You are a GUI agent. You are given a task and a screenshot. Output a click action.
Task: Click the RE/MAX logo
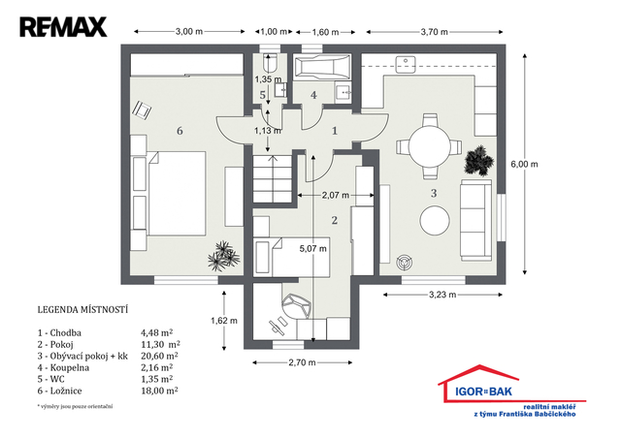[x=63, y=27]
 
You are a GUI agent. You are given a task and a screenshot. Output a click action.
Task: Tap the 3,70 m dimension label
[x=435, y=32]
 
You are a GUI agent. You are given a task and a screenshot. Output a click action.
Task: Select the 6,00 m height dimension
[x=524, y=164]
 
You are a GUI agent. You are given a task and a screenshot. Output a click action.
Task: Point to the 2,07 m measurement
[x=336, y=195]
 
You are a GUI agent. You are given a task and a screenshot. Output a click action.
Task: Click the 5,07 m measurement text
[x=312, y=248]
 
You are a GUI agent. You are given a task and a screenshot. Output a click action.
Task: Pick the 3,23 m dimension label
[x=442, y=295]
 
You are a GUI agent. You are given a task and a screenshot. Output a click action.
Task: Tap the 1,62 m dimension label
[x=224, y=321]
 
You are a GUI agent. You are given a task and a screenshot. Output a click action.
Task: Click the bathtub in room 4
[x=322, y=67]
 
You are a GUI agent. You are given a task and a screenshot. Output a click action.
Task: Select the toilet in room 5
[x=271, y=63]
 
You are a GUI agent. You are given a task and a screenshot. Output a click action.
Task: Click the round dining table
[x=430, y=146]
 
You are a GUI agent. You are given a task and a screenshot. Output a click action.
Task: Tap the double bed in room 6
[x=177, y=194]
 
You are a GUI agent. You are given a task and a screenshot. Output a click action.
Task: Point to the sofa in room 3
[x=476, y=220]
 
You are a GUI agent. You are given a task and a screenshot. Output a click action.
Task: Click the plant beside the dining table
[x=478, y=160]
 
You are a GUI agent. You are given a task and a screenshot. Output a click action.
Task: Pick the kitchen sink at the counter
[x=406, y=64]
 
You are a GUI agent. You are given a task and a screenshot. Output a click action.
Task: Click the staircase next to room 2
[x=273, y=179]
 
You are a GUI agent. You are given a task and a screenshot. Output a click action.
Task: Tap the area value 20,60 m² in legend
[x=159, y=356]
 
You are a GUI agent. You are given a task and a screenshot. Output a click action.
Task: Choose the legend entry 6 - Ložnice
[x=60, y=391]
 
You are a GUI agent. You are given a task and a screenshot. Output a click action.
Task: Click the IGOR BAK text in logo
[x=483, y=391]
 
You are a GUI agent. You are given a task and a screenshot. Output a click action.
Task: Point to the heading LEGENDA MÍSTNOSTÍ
[x=82, y=309]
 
